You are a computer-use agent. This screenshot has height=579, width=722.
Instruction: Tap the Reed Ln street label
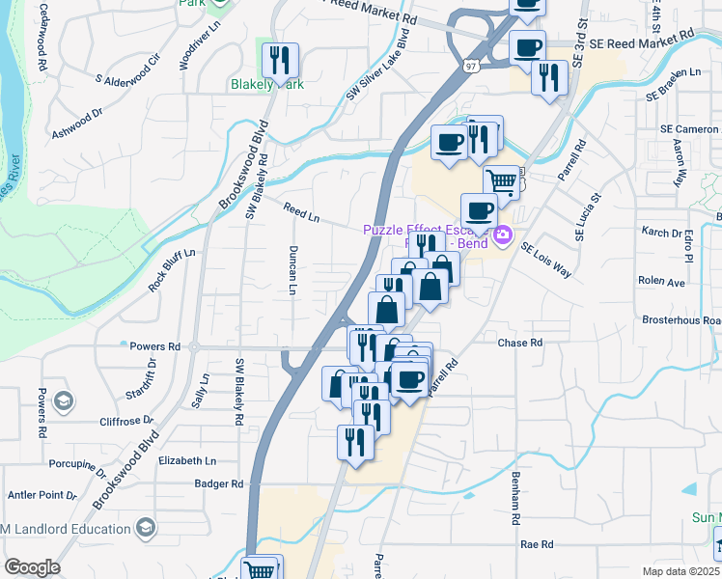(301, 211)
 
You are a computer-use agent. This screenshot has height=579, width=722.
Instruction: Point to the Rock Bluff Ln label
(172, 270)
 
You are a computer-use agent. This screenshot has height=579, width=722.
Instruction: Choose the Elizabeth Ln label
(187, 461)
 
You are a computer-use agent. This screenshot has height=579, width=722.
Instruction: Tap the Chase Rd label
(520, 343)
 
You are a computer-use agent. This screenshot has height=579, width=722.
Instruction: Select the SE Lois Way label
(546, 261)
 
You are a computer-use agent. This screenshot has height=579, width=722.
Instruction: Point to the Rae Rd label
(536, 544)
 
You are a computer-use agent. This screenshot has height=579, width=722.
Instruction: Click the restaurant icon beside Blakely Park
(280, 60)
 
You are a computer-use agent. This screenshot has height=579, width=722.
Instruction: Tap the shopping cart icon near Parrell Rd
(502, 179)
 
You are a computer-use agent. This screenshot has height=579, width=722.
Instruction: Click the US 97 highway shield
(470, 66)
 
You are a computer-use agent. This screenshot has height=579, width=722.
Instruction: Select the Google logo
(32, 566)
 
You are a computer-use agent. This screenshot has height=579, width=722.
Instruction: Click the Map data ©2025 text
(680, 571)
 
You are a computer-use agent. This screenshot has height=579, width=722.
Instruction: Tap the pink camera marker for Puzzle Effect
(502, 234)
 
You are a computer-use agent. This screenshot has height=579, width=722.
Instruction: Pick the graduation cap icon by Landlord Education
(145, 527)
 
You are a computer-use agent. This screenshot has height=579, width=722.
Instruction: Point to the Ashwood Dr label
(77, 120)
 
